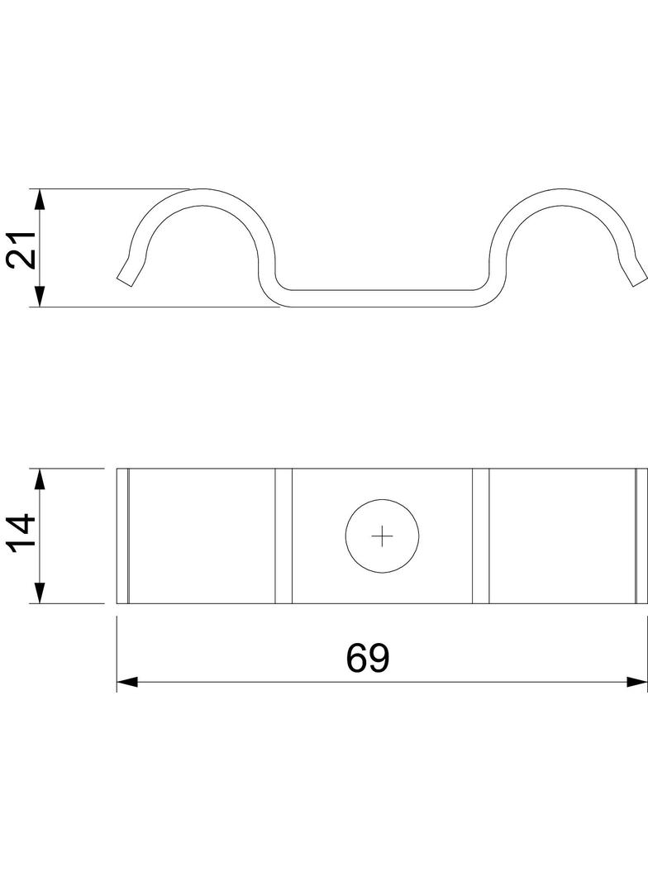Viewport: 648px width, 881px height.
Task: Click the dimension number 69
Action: pyautogui.click(x=368, y=658)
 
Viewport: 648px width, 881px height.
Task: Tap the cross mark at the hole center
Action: pyautogui.click(x=382, y=536)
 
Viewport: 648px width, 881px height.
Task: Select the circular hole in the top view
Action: pyautogui.click(x=382, y=536)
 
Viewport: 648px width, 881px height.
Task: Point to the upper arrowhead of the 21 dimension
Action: pyautogui.click(x=39, y=200)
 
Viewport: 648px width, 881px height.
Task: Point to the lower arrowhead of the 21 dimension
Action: pyautogui.click(x=39, y=296)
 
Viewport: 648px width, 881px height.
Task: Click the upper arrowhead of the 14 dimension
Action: pyautogui.click(x=39, y=480)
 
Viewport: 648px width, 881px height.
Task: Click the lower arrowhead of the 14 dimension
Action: pyautogui.click(x=39, y=593)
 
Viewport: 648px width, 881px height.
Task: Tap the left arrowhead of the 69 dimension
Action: pyautogui.click(x=127, y=682)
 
